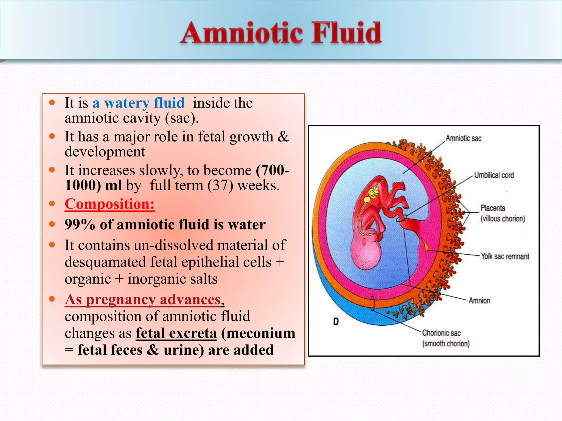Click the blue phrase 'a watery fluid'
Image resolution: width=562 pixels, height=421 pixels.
(x=138, y=103)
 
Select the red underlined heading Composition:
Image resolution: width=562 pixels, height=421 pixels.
(x=109, y=204)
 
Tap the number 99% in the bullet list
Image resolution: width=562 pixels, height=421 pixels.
(x=80, y=224)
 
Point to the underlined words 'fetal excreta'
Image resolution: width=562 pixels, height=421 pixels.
(x=176, y=333)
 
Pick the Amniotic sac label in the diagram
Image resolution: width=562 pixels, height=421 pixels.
(x=463, y=138)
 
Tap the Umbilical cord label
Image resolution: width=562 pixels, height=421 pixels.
(x=494, y=175)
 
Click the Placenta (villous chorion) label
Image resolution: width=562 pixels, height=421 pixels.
(x=502, y=213)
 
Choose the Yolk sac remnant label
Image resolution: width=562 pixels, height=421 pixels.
(x=505, y=257)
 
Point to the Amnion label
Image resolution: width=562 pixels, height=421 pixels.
(x=479, y=301)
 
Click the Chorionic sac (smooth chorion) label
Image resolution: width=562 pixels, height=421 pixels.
(x=446, y=338)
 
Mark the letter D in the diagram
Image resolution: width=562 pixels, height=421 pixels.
(x=336, y=322)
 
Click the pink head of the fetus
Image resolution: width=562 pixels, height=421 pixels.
(x=366, y=252)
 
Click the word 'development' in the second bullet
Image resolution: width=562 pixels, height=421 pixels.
(x=105, y=152)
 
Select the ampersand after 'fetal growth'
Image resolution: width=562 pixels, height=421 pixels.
(x=283, y=136)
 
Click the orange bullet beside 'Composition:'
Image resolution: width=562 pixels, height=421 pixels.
(x=52, y=204)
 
